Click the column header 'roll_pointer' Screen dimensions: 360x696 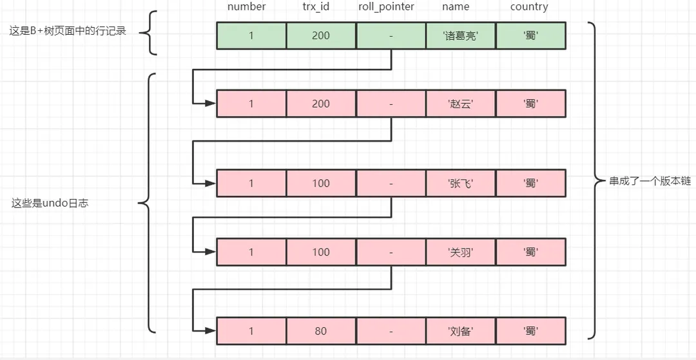[386, 7]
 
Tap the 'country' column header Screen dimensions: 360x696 [529, 7]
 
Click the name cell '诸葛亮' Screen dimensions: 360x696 [460, 36]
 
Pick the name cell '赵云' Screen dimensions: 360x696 [460, 104]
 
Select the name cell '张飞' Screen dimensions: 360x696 [460, 184]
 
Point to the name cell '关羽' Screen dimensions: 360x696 [460, 252]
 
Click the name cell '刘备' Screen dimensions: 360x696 [460, 332]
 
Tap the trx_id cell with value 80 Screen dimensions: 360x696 [321, 332]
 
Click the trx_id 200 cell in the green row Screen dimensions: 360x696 [321, 36]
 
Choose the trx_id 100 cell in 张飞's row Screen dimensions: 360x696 [321, 184]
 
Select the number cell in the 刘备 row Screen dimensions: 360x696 [251, 332]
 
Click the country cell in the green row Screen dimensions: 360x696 [530, 36]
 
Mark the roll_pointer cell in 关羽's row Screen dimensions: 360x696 [391, 252]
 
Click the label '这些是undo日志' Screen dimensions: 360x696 [50, 204]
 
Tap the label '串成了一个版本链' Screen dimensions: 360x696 [650, 182]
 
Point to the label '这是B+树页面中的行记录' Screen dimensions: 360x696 [68, 31]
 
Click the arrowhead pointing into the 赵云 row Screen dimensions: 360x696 [211, 103]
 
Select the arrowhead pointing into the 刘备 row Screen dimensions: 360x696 [211, 331]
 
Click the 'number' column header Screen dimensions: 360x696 [246, 7]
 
